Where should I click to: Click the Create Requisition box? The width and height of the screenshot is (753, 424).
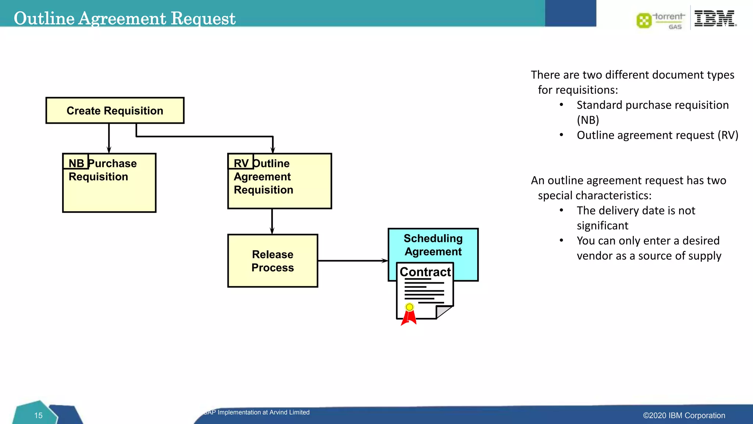115,110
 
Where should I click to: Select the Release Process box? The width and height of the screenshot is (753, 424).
272,261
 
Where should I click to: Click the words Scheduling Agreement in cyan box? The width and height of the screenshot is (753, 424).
433,245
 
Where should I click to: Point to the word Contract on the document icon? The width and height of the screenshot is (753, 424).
425,272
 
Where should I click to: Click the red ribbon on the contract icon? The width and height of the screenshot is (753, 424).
409,318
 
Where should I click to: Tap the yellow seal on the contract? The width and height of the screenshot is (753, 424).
409,307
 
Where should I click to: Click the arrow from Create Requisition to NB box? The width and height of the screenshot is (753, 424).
109,138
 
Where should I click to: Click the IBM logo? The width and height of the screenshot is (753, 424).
714,18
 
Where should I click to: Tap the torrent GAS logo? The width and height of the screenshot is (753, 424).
661,21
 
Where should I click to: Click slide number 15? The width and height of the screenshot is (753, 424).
38,416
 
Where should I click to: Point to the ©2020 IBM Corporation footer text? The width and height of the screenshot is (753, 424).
684,416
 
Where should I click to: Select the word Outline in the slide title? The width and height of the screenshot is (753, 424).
44,18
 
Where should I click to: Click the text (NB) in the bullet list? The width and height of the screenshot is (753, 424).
588,120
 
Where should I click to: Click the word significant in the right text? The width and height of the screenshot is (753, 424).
602,226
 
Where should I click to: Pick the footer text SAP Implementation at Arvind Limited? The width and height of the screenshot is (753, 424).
257,412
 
